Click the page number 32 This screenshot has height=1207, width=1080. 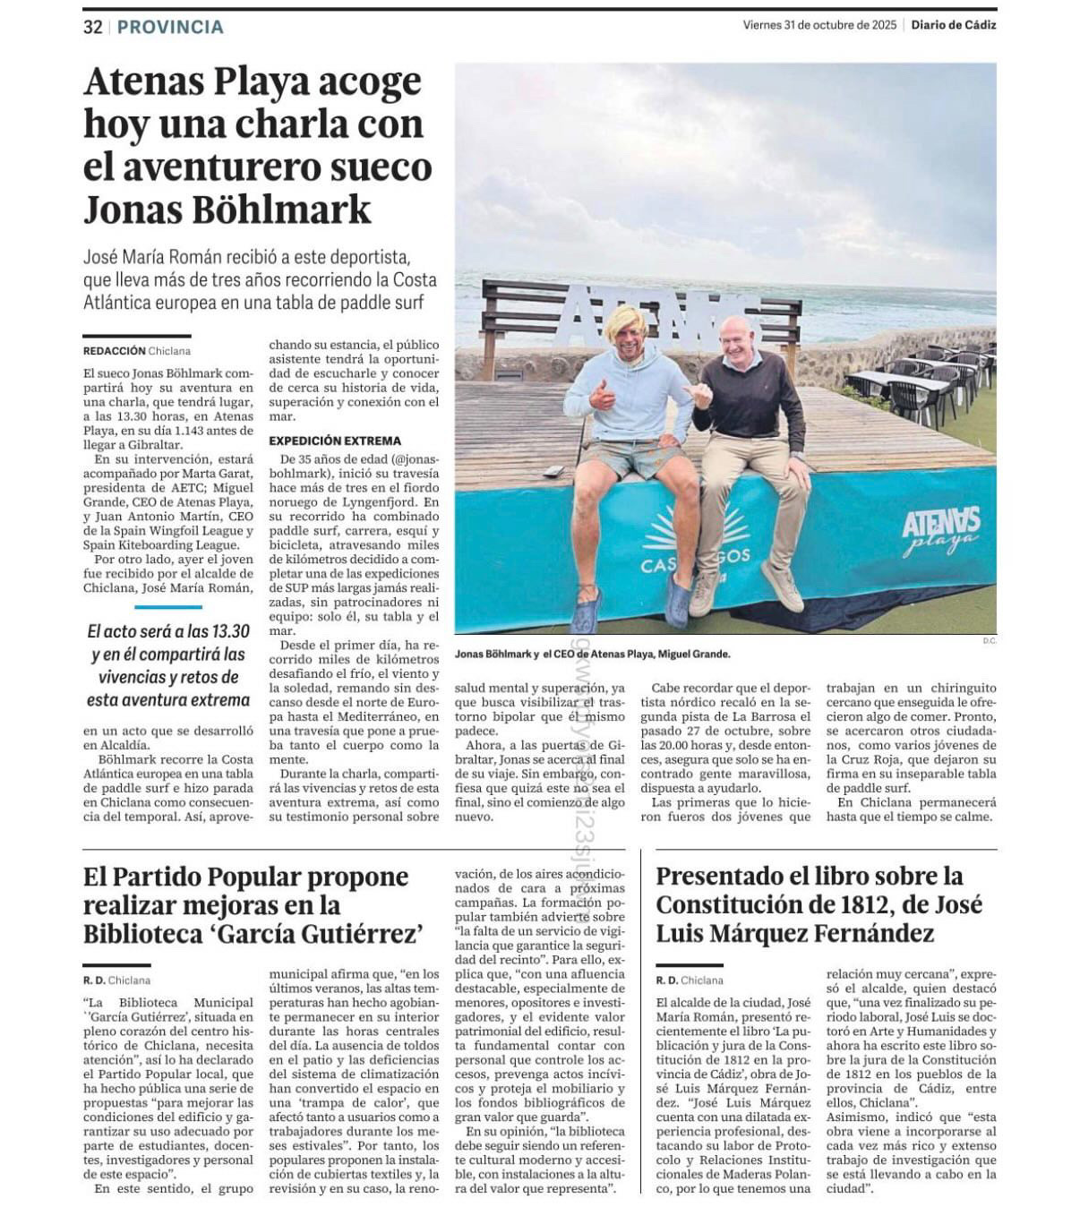[92, 27]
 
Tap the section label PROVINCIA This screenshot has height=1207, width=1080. [170, 27]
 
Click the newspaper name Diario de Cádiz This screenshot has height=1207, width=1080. [953, 25]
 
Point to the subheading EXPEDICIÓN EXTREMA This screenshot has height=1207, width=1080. [335, 441]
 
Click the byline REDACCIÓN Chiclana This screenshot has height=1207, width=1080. [136, 351]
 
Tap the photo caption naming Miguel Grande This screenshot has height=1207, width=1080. [592, 655]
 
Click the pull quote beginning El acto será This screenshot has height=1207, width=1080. [167, 665]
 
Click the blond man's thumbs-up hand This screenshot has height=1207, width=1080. [601, 395]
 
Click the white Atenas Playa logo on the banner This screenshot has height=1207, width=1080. [940, 530]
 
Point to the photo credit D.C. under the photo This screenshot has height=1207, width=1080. [989, 640]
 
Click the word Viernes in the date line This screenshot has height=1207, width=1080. [761, 25]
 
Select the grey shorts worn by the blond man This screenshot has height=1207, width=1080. [632, 458]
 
